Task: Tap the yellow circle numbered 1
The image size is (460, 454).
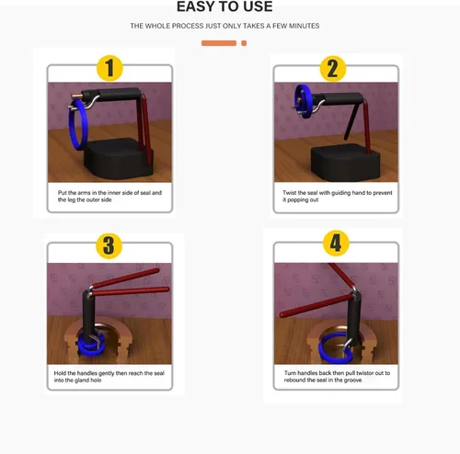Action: point(110,68)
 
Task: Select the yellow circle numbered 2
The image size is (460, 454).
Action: point(333,68)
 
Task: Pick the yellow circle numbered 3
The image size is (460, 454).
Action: point(109,245)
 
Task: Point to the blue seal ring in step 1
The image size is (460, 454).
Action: point(82,125)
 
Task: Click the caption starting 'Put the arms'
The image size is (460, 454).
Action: point(109,196)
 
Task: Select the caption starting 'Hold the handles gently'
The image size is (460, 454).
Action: point(109,377)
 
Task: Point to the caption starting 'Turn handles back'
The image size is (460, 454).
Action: point(333,377)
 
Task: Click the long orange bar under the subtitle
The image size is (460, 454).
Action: point(219,43)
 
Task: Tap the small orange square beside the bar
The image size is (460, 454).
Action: point(244,43)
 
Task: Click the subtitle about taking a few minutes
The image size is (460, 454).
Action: point(224,26)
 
